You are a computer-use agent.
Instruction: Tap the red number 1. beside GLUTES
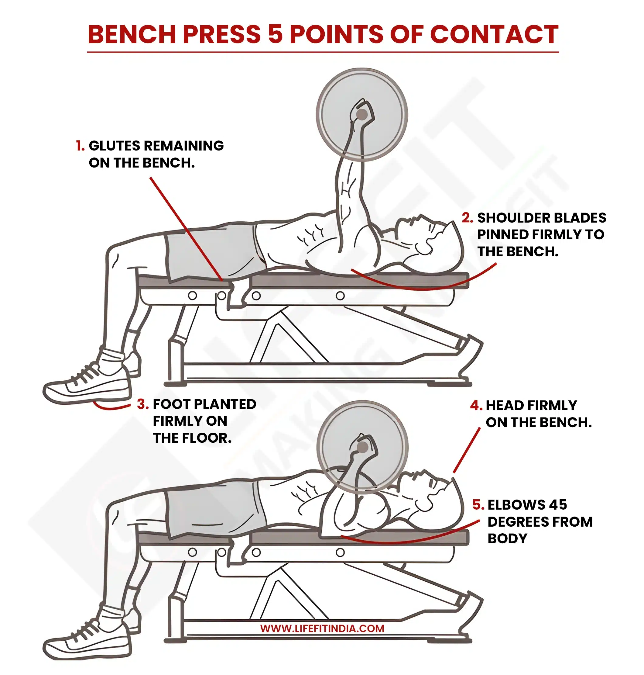pyautogui.click(x=80, y=146)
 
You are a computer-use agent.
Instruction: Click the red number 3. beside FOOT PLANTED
pyautogui.click(x=142, y=404)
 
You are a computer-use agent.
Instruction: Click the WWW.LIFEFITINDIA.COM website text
pyautogui.click(x=322, y=628)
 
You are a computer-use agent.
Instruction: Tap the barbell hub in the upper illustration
pyautogui.click(x=362, y=114)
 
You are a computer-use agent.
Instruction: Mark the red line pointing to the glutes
pyautogui.click(x=185, y=228)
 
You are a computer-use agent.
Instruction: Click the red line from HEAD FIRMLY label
pyautogui.click(x=467, y=450)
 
